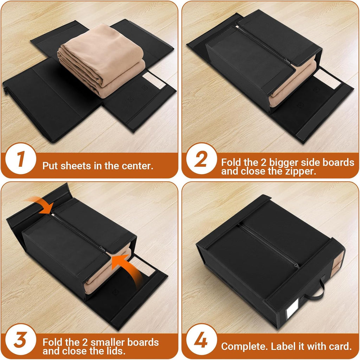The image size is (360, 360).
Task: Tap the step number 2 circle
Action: [201, 160]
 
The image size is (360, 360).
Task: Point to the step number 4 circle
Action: [201, 342]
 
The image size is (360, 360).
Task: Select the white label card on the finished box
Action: [291, 313]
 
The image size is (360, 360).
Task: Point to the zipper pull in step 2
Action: [285, 61]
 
